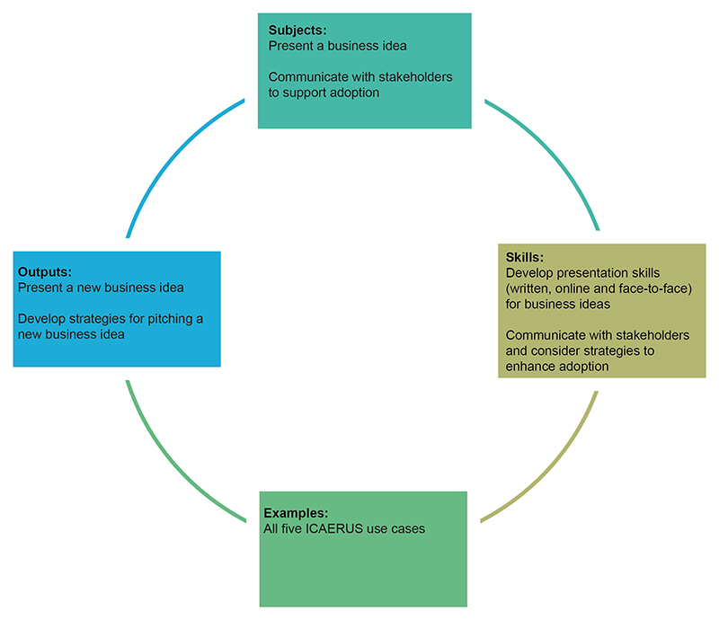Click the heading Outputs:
[x=45, y=271]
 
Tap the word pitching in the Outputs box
[x=168, y=319]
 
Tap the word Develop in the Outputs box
[x=41, y=319]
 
